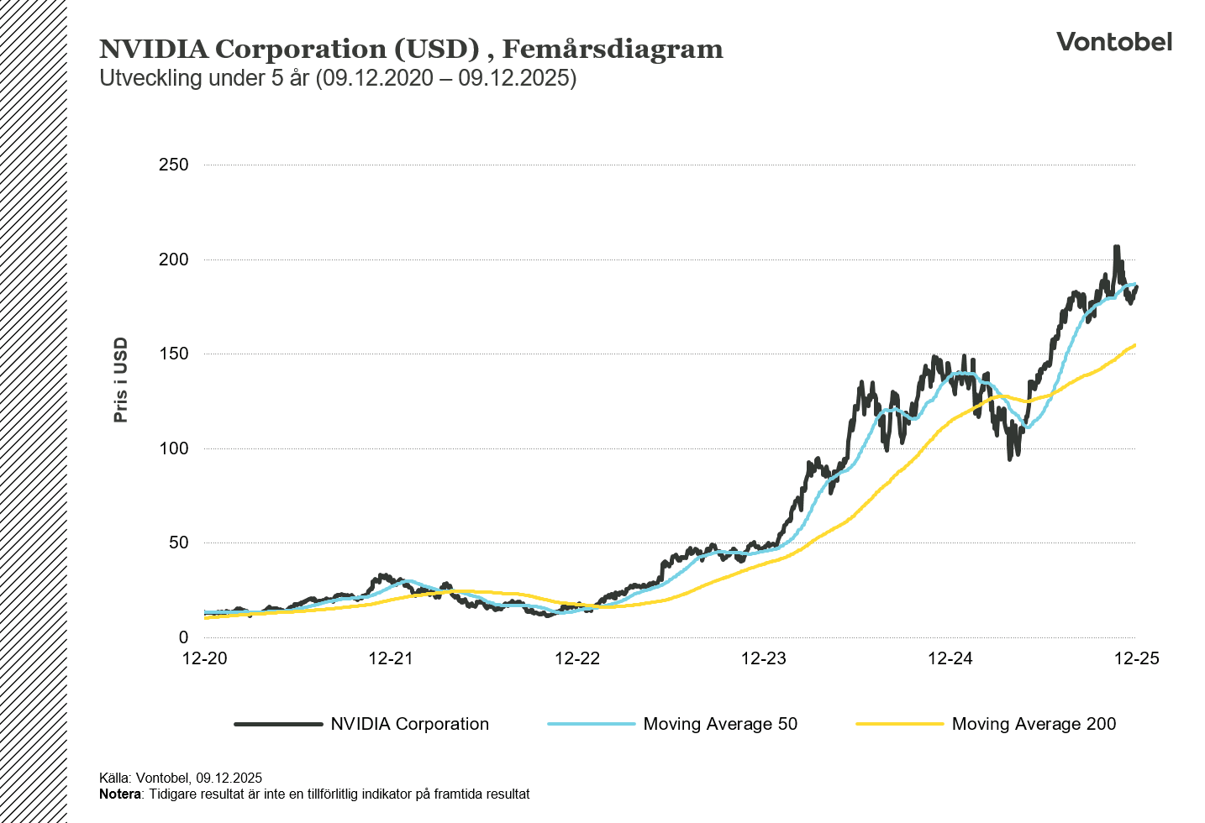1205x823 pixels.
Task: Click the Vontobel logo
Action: point(1113,42)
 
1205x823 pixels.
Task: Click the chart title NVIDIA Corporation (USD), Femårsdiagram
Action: point(411,50)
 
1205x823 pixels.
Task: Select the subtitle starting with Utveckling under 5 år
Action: point(338,78)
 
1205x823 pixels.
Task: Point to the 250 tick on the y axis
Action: point(174,165)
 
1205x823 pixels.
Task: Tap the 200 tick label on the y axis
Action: point(174,259)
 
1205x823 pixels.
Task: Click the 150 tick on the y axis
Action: point(174,354)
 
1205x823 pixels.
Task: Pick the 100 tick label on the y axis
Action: point(174,448)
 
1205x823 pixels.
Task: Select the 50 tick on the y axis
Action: point(178,543)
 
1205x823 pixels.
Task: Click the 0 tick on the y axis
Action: point(183,637)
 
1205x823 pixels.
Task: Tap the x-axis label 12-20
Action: point(205,658)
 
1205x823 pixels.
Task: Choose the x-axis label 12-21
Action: point(391,658)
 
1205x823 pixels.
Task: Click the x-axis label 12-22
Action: point(577,658)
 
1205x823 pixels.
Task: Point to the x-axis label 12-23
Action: point(764,658)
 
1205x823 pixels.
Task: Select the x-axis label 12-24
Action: point(950,658)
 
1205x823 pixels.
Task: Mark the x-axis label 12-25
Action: point(1136,658)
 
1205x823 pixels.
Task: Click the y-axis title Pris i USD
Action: point(121,380)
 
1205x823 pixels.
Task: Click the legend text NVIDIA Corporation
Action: point(409,724)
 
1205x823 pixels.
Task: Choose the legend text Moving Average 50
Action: point(720,724)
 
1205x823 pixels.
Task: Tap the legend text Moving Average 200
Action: point(1034,724)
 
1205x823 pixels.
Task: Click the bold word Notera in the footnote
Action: point(119,794)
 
